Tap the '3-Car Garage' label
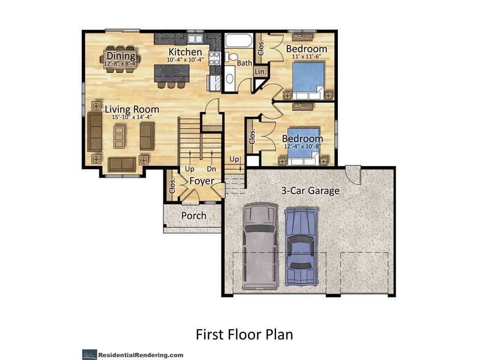tap(310, 191)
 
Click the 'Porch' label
tap(194, 216)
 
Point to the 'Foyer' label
tap(202, 181)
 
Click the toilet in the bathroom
tap(232, 57)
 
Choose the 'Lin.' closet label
tap(260, 72)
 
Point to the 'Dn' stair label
tap(211, 169)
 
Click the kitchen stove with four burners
tap(215, 58)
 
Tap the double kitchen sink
tap(195, 39)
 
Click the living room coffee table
tap(120, 135)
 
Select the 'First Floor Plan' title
tap(244, 334)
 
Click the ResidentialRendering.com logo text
tap(141, 355)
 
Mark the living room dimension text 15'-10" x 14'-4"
tap(132, 117)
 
